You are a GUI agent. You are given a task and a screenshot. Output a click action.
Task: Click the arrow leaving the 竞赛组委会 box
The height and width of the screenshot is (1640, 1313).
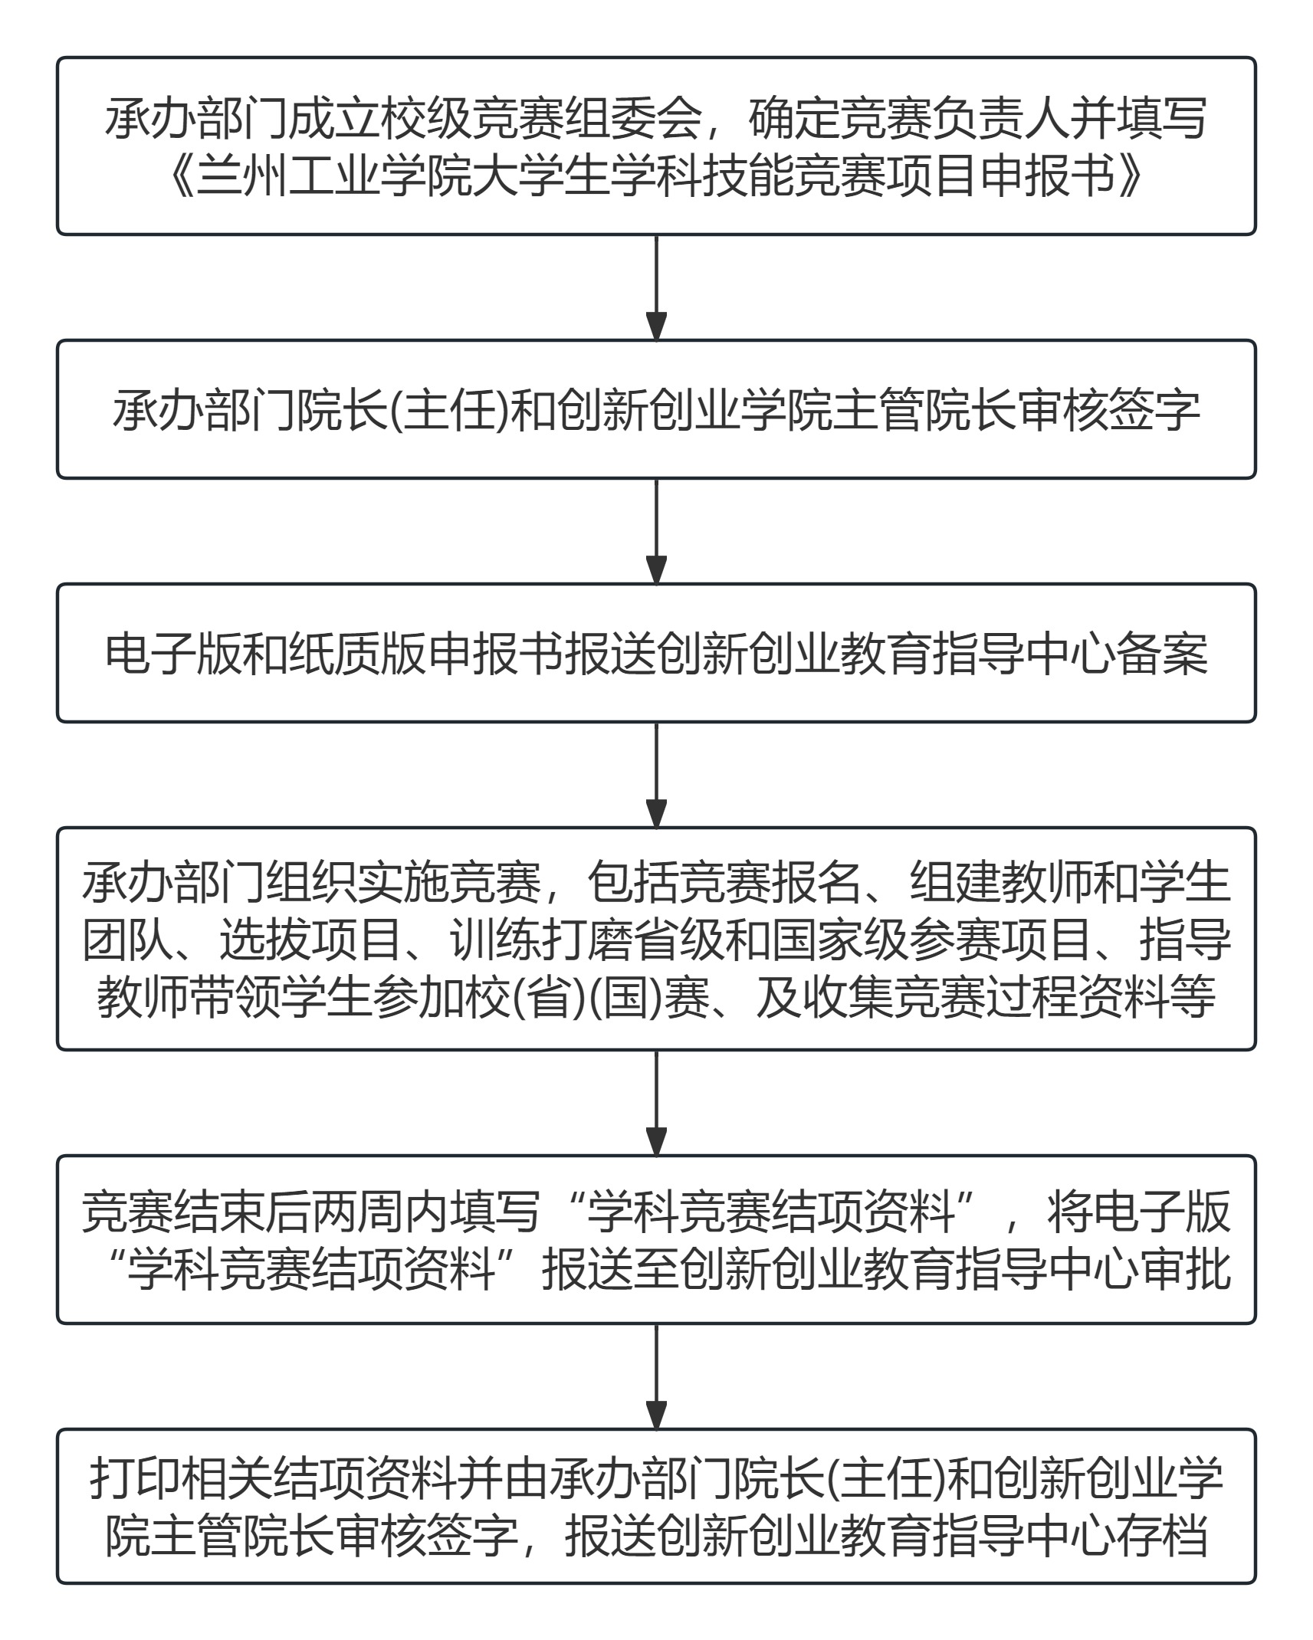[656, 287]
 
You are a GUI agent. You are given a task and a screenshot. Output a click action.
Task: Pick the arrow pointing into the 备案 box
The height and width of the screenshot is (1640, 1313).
[656, 531]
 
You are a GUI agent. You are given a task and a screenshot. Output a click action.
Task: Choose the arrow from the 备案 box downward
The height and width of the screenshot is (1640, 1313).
[656, 775]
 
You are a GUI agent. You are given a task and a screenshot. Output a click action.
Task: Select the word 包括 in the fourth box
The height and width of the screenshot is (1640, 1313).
[632, 883]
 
